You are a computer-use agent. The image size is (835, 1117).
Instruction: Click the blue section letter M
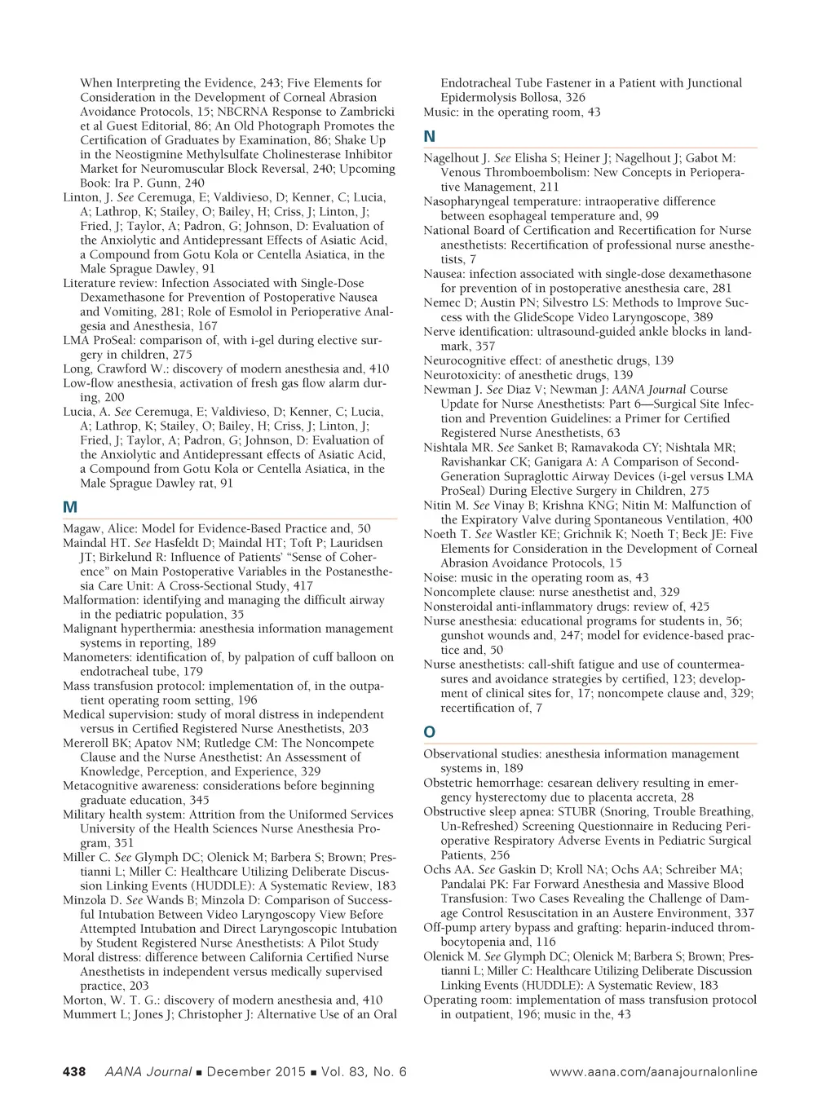pos(70,507)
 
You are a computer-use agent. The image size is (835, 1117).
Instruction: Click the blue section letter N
pos(430,137)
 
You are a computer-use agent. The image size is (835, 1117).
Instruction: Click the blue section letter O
pos(430,732)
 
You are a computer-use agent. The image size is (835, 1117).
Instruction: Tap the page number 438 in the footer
pos(74,1071)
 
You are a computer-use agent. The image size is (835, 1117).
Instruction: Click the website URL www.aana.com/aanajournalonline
pos(653,1071)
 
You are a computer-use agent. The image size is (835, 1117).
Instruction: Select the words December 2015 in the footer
pos(256,1071)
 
